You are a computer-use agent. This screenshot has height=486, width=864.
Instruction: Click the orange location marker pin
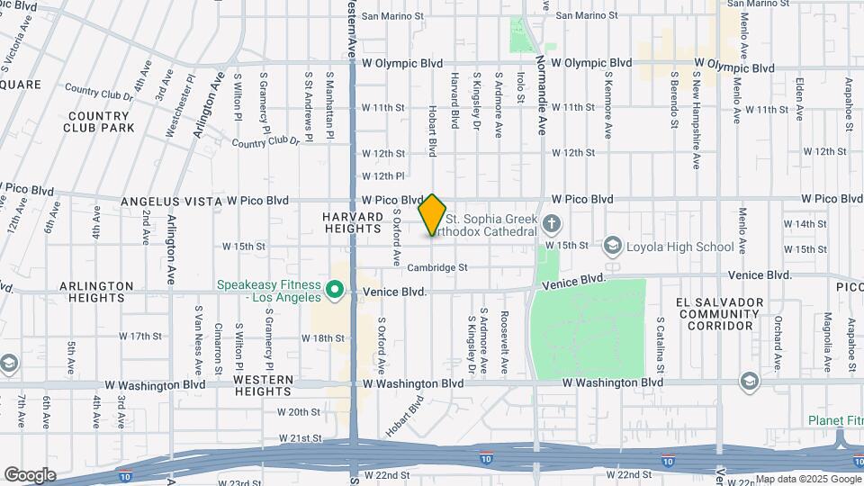coord(433,214)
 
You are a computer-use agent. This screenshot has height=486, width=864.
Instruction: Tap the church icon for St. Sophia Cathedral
coord(552,222)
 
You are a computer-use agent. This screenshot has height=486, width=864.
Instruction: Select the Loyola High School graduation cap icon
coord(613,246)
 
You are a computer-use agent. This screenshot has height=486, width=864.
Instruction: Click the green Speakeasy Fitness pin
coord(335,289)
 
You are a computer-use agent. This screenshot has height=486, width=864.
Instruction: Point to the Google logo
coord(30,474)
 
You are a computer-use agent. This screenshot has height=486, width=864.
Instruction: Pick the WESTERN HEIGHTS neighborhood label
coord(262,385)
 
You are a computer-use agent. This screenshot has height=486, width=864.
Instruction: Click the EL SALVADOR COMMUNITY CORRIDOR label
coord(722,313)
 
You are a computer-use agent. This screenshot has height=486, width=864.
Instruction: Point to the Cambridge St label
coord(437,267)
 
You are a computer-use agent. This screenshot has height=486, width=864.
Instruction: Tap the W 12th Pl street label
coord(383,175)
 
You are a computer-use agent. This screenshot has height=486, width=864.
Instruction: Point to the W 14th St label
coord(805,223)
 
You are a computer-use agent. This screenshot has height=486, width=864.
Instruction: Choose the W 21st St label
coord(299,438)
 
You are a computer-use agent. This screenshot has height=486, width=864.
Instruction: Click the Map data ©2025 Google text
coord(806,479)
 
